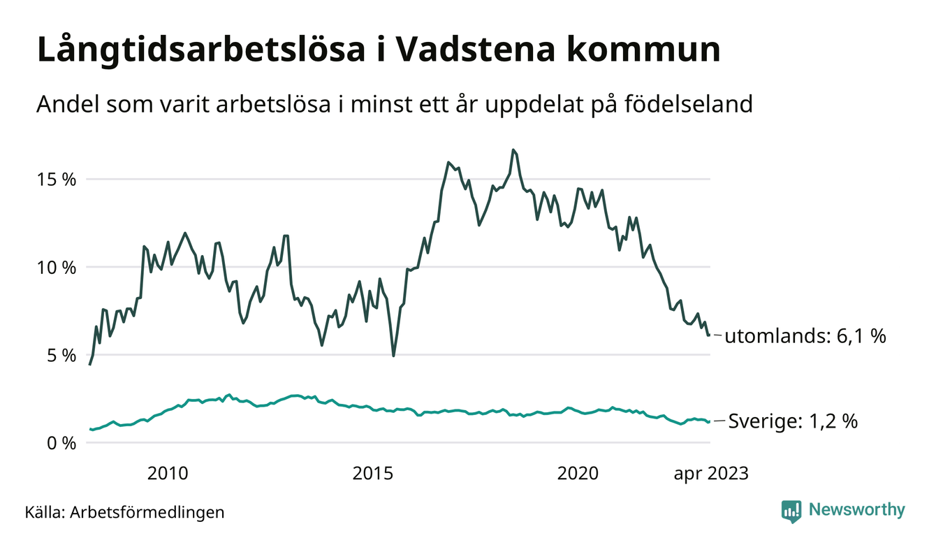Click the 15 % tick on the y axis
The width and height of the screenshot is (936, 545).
[x=55, y=179]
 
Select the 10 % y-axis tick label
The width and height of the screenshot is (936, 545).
[x=55, y=267]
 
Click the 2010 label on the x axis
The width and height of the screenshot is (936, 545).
[x=168, y=474]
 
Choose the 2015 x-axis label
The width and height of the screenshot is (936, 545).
[x=373, y=474]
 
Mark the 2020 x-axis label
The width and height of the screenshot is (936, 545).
[x=578, y=474]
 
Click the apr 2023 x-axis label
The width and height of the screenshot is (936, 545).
[x=711, y=474]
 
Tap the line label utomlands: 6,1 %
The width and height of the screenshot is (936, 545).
[x=805, y=336]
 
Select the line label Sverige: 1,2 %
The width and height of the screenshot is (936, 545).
[x=793, y=421]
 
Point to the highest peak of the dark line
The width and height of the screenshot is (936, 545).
[x=513, y=150]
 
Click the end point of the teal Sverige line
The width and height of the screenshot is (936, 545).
[x=709, y=421]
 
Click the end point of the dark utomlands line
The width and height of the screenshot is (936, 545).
[x=709, y=335]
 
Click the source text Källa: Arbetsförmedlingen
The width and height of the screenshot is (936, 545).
[x=124, y=512]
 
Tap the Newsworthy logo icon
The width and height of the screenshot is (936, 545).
[x=791, y=511]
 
